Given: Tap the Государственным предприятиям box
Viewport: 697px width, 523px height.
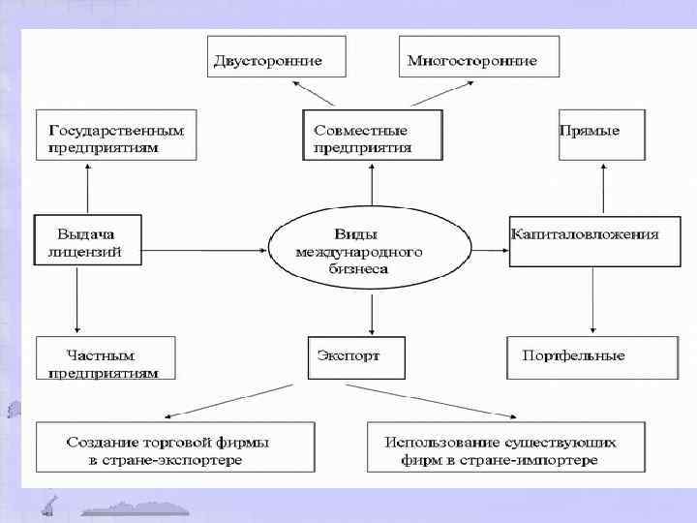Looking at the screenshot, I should pyautogui.click(x=116, y=137).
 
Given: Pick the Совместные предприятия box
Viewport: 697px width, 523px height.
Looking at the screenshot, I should pyautogui.click(x=372, y=136).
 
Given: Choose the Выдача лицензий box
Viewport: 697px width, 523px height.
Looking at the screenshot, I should pyautogui.click(x=88, y=240).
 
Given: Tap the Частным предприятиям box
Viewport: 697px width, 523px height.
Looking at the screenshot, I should pyautogui.click(x=106, y=358).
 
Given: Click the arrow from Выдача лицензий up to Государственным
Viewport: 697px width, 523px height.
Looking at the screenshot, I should pyautogui.click(x=88, y=189).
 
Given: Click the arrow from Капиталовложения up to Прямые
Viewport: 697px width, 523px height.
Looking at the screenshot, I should pyautogui.click(x=602, y=188).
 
